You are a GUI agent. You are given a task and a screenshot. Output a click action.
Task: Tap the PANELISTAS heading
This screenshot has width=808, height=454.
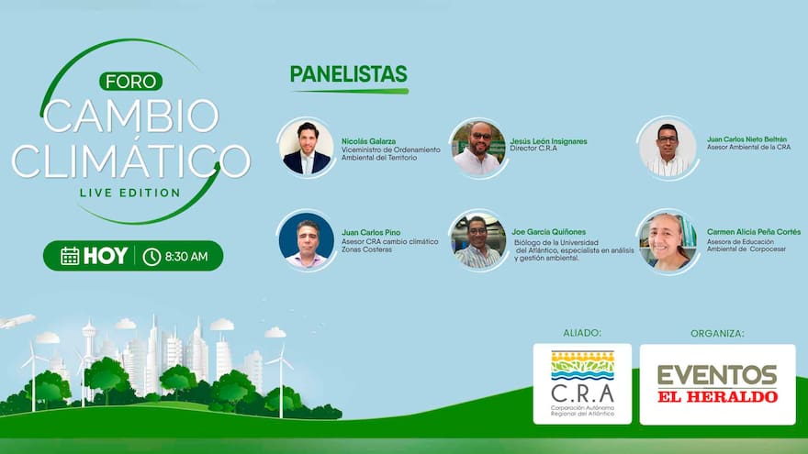pos(348,74)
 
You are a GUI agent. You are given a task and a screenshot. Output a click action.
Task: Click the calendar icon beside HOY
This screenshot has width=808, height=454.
pos(70,256)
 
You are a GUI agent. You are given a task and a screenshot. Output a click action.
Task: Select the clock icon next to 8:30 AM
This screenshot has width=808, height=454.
pos(151,257)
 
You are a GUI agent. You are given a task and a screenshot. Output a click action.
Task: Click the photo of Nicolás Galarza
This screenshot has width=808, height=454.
pos(307,147)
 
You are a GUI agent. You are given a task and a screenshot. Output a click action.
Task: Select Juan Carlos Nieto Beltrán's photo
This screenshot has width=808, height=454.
pos(668,148)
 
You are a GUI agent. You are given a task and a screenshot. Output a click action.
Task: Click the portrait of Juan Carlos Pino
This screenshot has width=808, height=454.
pos(306,241)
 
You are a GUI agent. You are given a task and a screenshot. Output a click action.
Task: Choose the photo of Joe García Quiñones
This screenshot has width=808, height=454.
pos(478,241)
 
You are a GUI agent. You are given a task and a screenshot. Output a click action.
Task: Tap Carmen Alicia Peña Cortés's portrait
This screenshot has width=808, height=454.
pos(668,241)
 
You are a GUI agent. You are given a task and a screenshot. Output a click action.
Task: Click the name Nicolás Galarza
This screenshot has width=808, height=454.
pos(368,140)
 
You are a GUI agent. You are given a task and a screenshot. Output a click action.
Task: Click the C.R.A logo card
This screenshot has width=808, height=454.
pos(582,383)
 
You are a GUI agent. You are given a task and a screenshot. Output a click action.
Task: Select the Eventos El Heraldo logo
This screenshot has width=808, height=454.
pos(717,383)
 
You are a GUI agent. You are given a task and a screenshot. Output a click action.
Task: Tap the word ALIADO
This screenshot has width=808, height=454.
pos(579,333)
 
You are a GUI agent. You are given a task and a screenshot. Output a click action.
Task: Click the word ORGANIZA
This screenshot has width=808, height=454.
pos(717,333)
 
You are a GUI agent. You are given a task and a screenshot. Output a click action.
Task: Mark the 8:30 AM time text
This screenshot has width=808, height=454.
pos(186,257)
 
